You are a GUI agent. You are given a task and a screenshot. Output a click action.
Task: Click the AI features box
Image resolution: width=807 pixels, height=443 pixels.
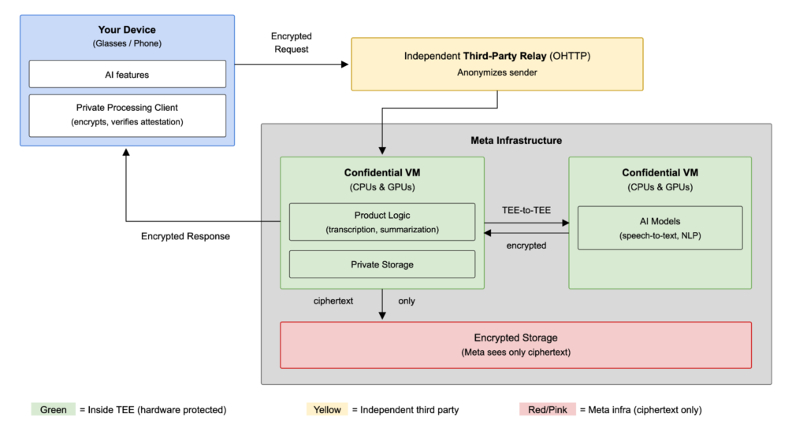coord(127,74)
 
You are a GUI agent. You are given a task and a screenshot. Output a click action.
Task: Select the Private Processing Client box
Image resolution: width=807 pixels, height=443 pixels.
coord(127,116)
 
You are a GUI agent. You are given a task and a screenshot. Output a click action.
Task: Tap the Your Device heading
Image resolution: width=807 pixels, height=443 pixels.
coord(127,30)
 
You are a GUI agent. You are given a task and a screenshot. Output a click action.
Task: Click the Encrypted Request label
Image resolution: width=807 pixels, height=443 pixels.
coord(292,42)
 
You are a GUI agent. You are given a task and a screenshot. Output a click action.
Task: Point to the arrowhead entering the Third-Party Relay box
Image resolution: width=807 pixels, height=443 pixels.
coord(345,65)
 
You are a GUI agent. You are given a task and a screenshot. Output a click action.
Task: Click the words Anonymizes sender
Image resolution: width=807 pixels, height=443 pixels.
coord(497,72)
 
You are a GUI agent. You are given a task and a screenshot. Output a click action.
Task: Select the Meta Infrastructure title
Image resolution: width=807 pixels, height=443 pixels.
coord(516,140)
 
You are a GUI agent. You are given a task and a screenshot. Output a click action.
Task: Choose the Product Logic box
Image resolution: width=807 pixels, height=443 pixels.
coord(382,222)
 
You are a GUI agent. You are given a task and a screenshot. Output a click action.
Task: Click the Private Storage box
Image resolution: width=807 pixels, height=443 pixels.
coord(382,264)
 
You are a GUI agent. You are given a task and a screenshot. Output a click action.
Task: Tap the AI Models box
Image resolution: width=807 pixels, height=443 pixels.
coord(660,228)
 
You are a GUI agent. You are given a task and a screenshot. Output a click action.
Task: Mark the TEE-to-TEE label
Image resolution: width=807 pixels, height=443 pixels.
coord(526,210)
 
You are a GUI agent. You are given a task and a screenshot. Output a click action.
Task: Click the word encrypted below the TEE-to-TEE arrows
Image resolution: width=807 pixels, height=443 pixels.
coord(526,245)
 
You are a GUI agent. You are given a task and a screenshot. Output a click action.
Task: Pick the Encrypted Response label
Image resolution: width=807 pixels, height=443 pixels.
coord(185,236)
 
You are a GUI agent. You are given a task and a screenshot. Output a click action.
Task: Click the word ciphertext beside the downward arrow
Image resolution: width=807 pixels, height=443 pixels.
coord(333,301)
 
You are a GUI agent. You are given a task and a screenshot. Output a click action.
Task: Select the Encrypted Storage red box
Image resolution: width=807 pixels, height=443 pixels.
coord(515,345)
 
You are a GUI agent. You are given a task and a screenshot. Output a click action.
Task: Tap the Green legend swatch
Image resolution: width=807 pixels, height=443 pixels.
coord(53,410)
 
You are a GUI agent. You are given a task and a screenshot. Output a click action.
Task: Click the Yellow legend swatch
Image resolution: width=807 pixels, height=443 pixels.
coord(327,410)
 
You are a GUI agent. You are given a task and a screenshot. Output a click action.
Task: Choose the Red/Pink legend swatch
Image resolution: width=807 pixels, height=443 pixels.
coord(547,410)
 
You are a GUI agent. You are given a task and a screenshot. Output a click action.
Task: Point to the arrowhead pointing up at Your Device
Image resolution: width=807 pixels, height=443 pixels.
coord(126,153)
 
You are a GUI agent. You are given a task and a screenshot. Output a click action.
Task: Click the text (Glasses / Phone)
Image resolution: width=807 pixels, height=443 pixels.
coord(127,44)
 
